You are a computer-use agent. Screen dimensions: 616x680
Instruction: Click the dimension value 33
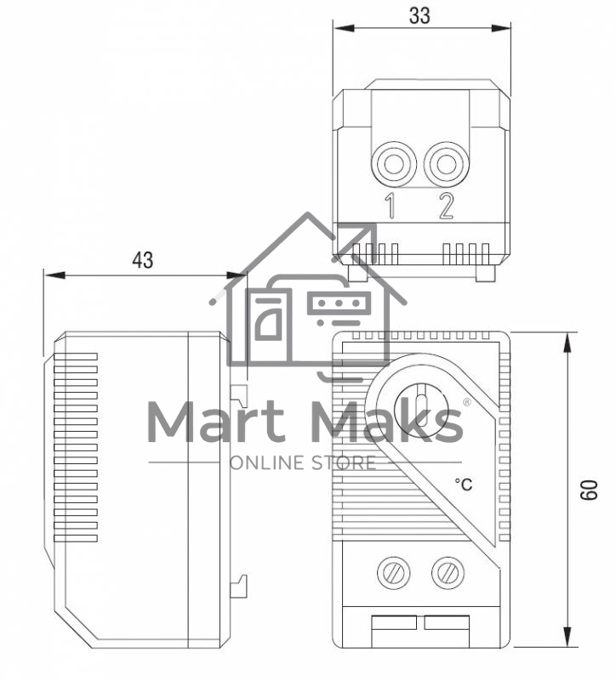click(x=419, y=15)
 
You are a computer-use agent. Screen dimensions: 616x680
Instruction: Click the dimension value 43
click(x=143, y=260)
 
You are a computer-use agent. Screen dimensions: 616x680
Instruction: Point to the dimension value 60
click(x=589, y=490)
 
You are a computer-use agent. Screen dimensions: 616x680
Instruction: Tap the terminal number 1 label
click(x=391, y=206)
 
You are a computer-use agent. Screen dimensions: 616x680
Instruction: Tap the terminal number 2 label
click(x=446, y=206)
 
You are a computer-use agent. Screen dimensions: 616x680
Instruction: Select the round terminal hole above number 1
click(x=394, y=164)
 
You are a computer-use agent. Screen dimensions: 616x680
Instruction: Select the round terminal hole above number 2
click(x=447, y=164)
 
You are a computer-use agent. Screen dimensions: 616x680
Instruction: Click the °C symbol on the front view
click(x=463, y=484)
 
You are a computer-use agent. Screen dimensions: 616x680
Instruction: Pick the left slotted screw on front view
click(x=393, y=572)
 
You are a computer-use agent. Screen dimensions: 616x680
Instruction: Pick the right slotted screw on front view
click(x=448, y=572)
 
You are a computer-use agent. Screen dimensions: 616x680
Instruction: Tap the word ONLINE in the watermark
click(x=265, y=463)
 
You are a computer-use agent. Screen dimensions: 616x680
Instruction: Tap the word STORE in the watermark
click(x=344, y=463)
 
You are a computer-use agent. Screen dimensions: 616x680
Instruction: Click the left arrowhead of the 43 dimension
click(x=54, y=275)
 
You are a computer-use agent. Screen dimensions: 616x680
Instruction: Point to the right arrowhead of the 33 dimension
click(x=500, y=28)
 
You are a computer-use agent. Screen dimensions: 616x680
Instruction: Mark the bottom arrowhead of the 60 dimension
click(x=567, y=637)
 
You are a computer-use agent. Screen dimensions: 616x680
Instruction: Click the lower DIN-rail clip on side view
click(x=239, y=586)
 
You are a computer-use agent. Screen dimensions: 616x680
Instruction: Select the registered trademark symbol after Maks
click(x=467, y=402)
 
